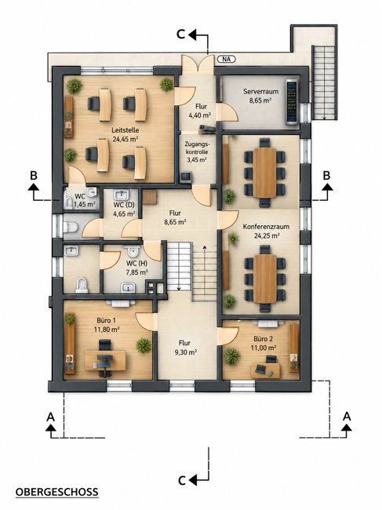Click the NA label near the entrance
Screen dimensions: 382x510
click(x=226, y=59)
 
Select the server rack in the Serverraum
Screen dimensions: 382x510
click(x=292, y=101)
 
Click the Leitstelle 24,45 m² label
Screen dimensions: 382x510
click(x=126, y=135)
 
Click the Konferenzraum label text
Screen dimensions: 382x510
click(x=266, y=227)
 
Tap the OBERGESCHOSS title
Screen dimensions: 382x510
click(x=57, y=492)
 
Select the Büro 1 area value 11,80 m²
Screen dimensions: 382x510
click(x=107, y=330)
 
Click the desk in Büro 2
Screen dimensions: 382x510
click(x=265, y=370)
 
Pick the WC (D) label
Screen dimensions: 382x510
click(x=124, y=206)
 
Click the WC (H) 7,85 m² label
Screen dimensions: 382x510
click(x=137, y=268)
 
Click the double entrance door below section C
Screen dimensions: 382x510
click(x=198, y=64)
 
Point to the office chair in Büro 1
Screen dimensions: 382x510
click(x=104, y=346)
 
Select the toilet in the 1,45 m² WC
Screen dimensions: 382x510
click(x=68, y=203)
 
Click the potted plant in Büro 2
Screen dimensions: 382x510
click(x=231, y=356)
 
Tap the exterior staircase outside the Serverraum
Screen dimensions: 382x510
click(x=323, y=82)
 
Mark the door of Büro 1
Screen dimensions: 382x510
click(x=144, y=321)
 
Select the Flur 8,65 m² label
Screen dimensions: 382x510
click(x=175, y=217)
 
